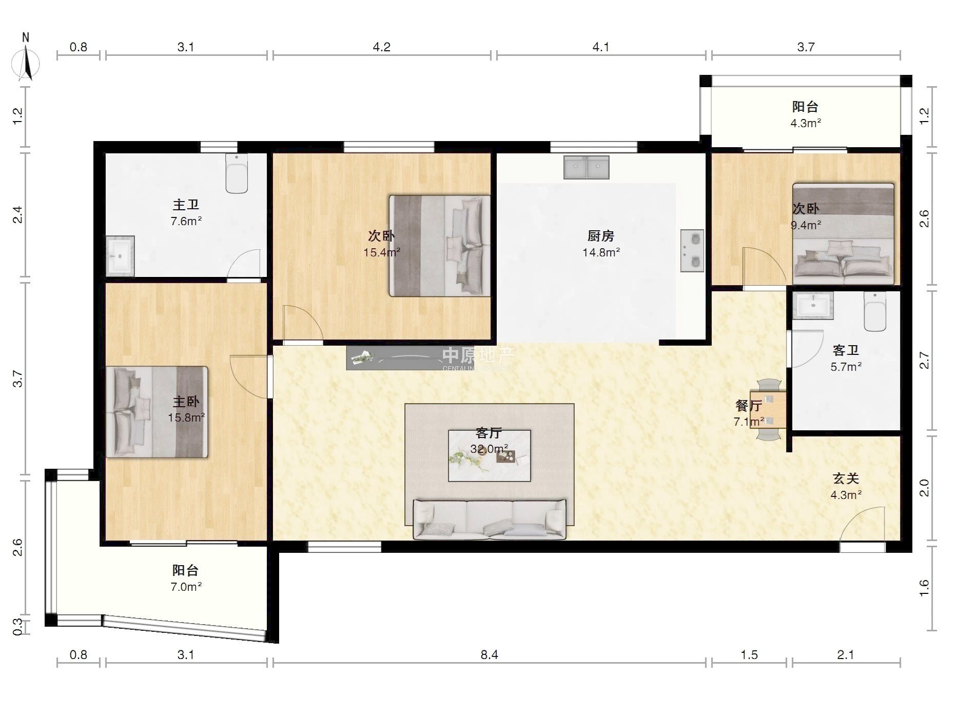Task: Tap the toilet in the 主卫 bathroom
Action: (237, 173)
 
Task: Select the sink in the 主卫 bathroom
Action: (120, 256)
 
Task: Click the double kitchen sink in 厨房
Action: (586, 167)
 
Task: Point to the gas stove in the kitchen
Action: (692, 251)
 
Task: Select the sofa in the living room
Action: (490, 519)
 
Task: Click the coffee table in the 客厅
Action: (489, 455)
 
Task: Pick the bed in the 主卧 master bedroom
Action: (157, 411)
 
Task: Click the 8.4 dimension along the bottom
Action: (489, 655)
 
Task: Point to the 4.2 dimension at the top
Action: (381, 47)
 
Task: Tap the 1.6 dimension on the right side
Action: (924, 588)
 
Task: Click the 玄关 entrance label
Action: (846, 478)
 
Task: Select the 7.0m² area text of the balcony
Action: (186, 587)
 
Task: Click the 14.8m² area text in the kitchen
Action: (601, 252)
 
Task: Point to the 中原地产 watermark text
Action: (478, 355)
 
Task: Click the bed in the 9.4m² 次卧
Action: (844, 233)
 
